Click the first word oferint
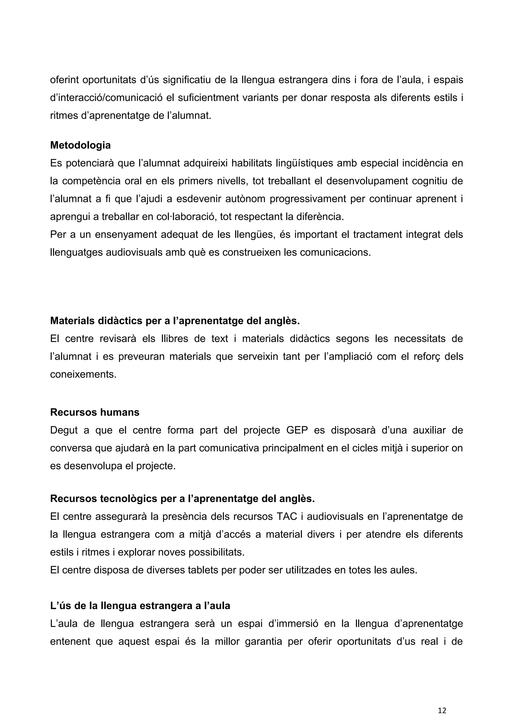(64, 80)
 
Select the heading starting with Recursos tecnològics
(182, 498)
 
